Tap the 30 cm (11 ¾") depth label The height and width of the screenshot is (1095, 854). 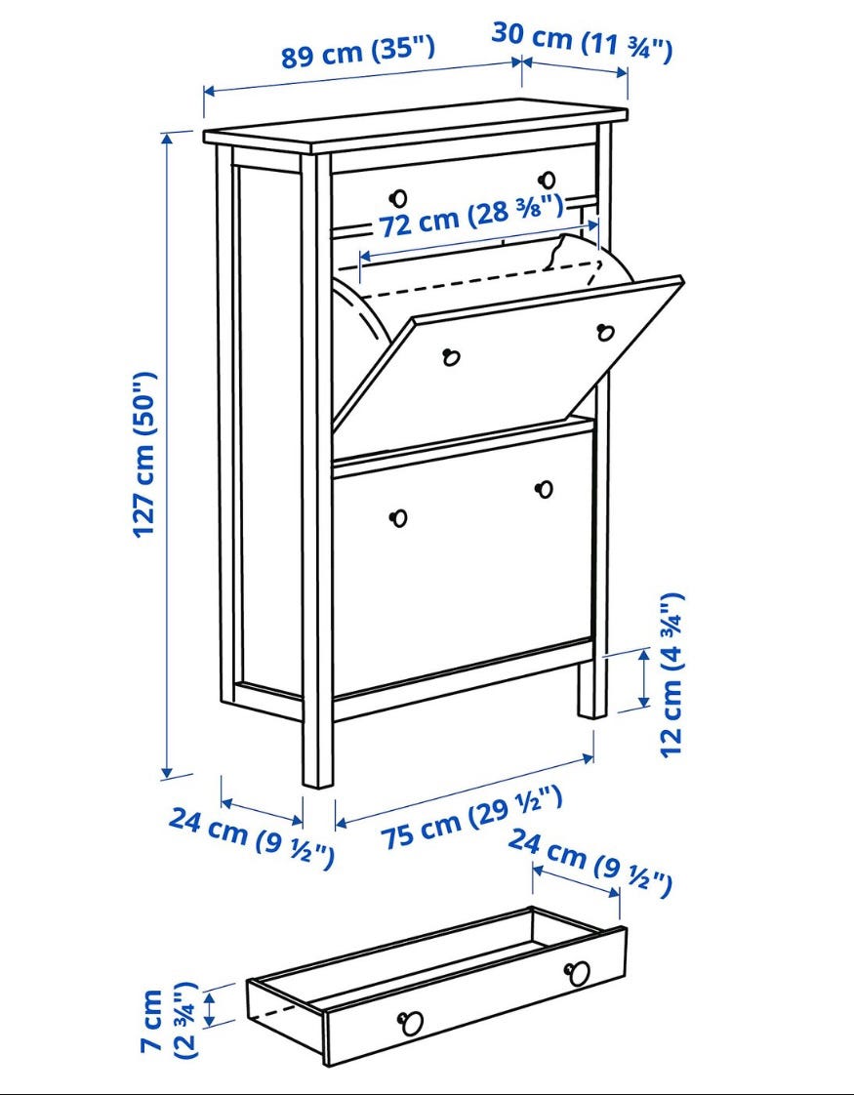(x=582, y=42)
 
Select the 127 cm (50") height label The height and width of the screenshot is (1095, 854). (x=145, y=455)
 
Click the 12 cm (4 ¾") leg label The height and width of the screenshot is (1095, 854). (x=672, y=675)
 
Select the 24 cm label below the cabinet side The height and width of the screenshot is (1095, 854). (x=252, y=836)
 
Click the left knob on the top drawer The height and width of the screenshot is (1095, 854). (x=399, y=198)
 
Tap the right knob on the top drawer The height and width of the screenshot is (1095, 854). (x=548, y=181)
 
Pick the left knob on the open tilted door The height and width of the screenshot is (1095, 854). (x=451, y=357)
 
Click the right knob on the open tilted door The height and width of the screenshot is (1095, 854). (x=605, y=333)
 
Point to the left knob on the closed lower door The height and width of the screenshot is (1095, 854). (x=399, y=518)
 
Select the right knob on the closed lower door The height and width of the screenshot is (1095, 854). (x=544, y=490)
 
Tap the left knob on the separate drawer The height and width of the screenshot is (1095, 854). (x=411, y=1024)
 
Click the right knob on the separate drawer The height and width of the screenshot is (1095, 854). (x=578, y=973)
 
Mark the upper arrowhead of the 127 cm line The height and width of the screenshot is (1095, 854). (x=167, y=139)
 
